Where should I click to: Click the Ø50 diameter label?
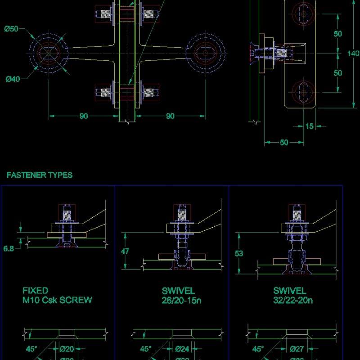[11, 29]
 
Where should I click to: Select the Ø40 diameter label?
[13, 79]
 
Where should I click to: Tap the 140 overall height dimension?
[354, 53]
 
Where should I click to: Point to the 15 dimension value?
[310, 126]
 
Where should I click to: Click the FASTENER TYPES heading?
[39, 175]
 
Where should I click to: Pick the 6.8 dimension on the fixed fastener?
[9, 248]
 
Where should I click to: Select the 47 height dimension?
[126, 251]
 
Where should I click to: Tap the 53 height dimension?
[239, 253]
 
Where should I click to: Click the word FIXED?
[35, 291]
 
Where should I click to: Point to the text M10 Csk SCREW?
[57, 300]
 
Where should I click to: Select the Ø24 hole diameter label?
[182, 349]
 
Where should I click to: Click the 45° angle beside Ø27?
[258, 349]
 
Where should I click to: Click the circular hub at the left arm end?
[48, 52]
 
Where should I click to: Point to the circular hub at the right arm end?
[206, 53]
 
